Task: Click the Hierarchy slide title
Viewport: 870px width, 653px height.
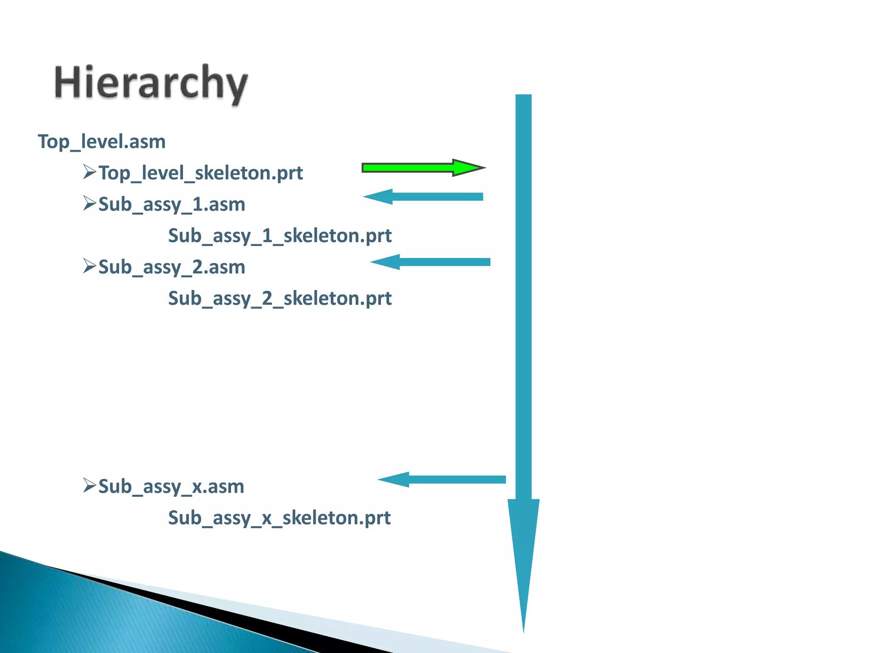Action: click(151, 83)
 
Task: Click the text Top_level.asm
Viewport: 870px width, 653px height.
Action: click(102, 142)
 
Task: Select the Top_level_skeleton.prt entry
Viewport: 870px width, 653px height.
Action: click(201, 173)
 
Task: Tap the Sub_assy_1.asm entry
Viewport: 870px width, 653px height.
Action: click(172, 204)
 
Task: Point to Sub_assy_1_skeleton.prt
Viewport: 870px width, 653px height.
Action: click(280, 236)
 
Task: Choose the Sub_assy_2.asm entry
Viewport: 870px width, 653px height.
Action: click(172, 267)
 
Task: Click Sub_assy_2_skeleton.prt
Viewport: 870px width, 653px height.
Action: click(280, 298)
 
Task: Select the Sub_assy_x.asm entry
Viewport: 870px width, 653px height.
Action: click(171, 486)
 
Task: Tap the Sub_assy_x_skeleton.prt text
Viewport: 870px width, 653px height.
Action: click(279, 518)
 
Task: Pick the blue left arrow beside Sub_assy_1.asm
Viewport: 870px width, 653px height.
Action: click(423, 196)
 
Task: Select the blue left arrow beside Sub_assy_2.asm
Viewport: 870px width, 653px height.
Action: click(430, 262)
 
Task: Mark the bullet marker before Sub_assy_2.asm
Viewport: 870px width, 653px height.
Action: click(90, 266)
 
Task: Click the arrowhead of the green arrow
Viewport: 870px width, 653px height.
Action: click(467, 168)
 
